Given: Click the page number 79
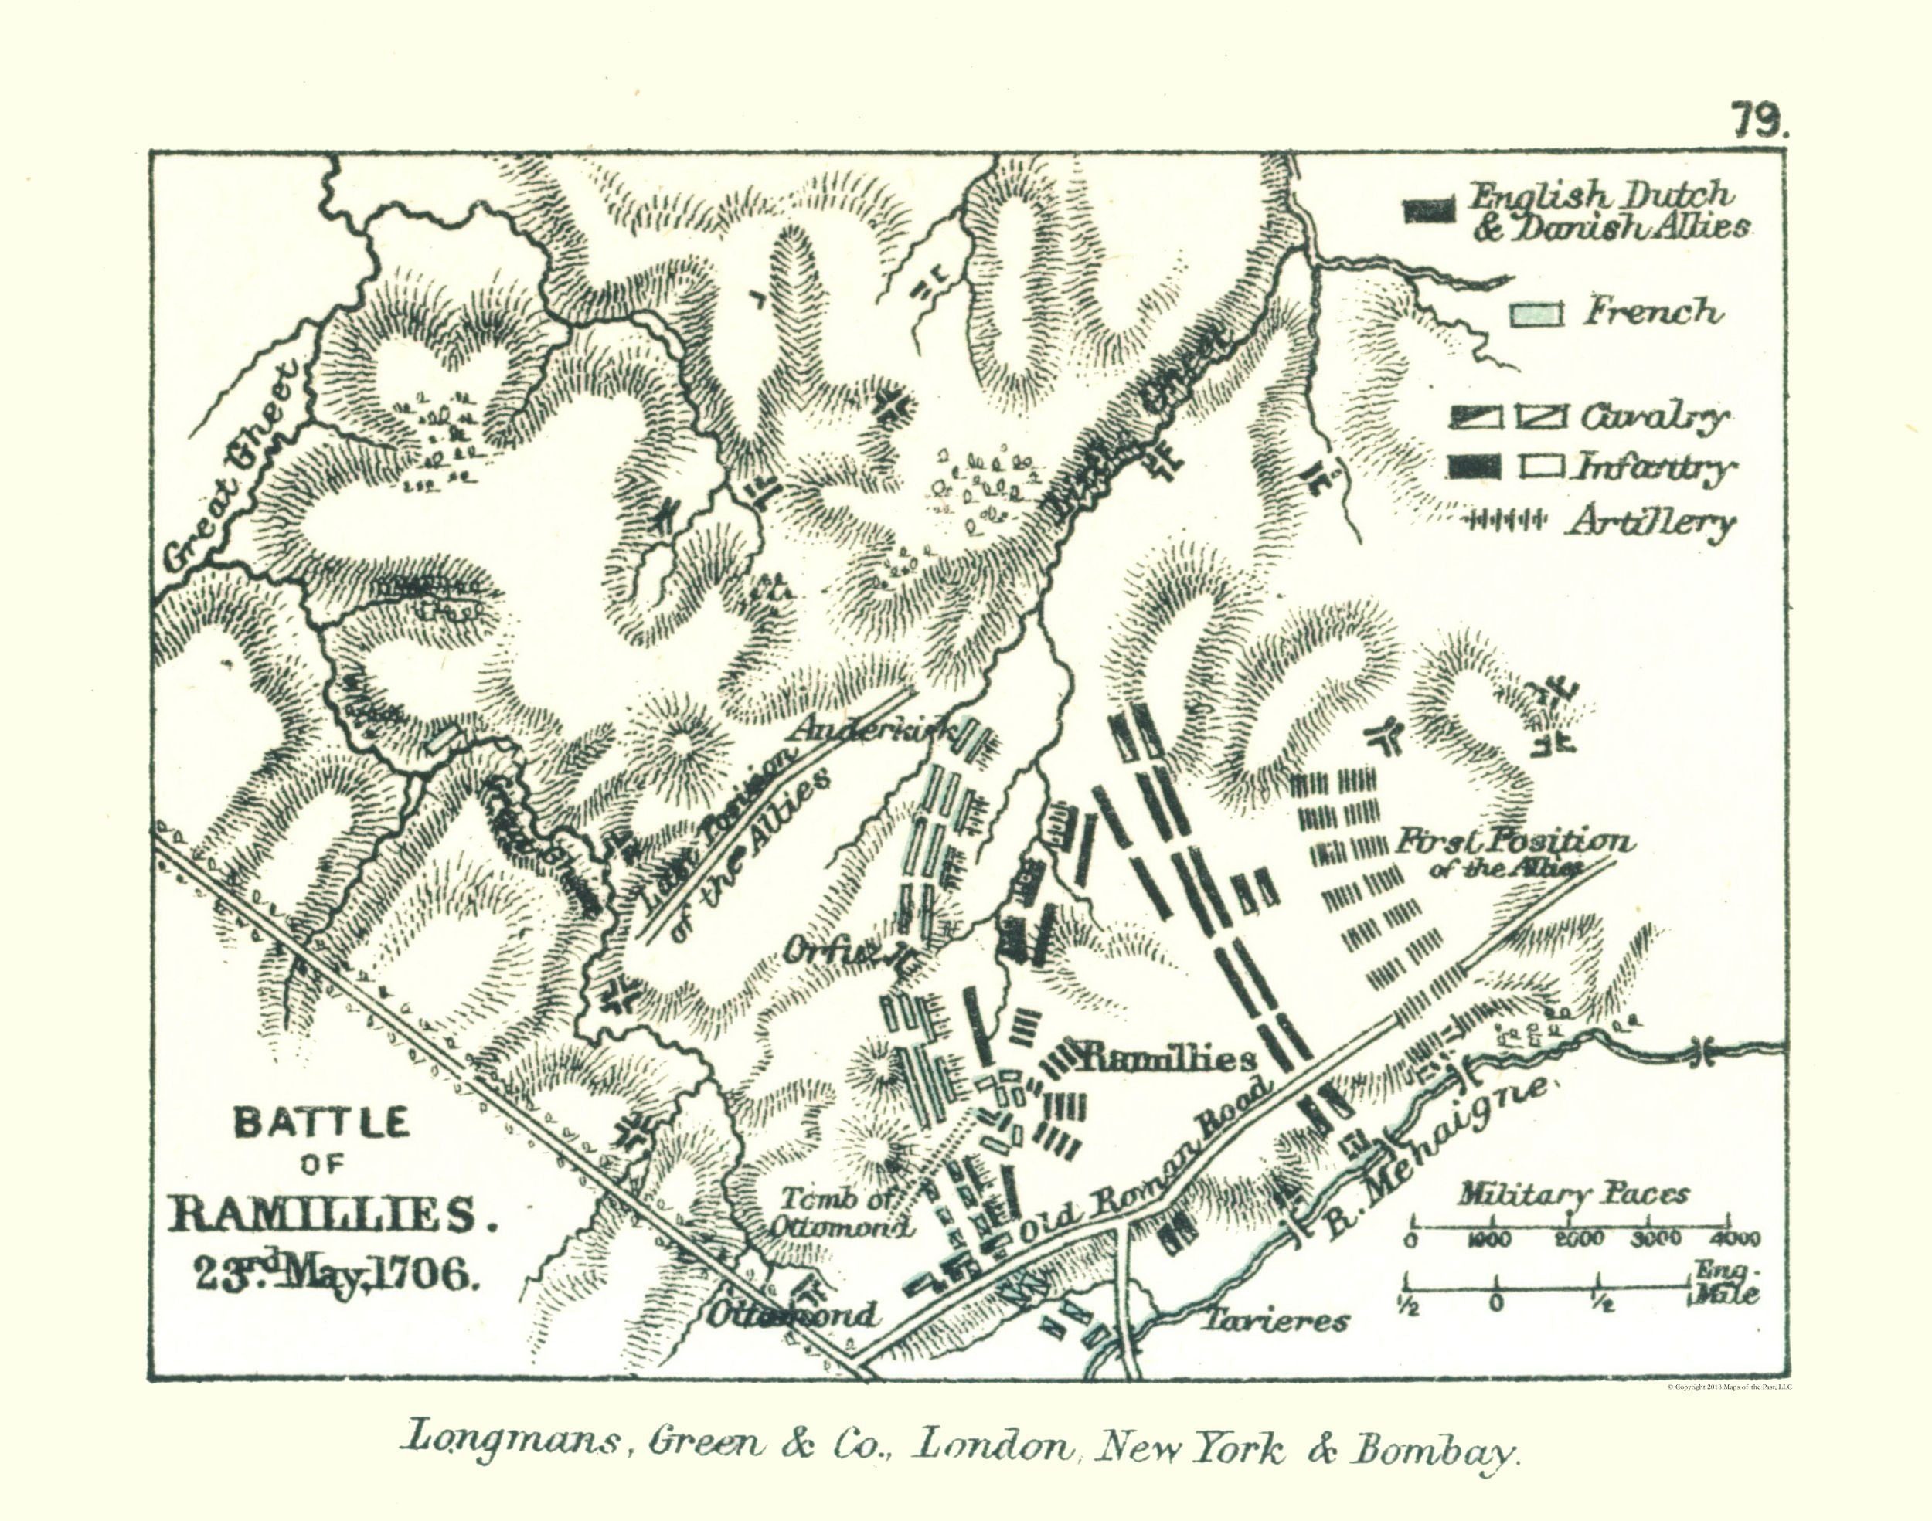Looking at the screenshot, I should point(1759,121).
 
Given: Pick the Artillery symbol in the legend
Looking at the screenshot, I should point(1505,521).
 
